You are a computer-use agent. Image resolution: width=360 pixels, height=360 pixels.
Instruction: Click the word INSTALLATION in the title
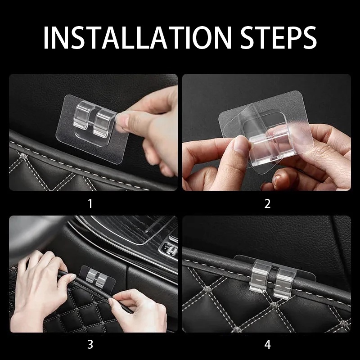[x=137, y=38]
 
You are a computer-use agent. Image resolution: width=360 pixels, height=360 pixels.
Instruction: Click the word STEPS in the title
[x=279, y=38]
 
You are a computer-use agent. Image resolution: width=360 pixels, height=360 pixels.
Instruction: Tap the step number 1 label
[x=90, y=204]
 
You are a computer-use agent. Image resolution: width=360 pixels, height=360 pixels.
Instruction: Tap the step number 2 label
[x=267, y=204]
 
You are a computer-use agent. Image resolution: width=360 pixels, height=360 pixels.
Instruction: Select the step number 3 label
[x=90, y=344]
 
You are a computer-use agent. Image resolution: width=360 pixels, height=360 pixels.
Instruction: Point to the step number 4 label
[x=267, y=344]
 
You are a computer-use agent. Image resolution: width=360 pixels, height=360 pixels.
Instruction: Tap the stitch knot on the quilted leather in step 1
[x=23, y=157]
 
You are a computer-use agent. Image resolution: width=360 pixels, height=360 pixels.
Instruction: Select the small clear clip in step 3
[x=97, y=278]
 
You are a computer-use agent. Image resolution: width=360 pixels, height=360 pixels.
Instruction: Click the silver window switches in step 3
[x=171, y=250]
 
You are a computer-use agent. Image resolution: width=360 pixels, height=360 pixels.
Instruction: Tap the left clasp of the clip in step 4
[x=261, y=277]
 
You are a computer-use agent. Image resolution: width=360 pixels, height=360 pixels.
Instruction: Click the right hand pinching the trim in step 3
[x=138, y=310]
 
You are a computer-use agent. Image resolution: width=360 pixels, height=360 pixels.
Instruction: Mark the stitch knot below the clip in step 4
[x=274, y=305]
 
